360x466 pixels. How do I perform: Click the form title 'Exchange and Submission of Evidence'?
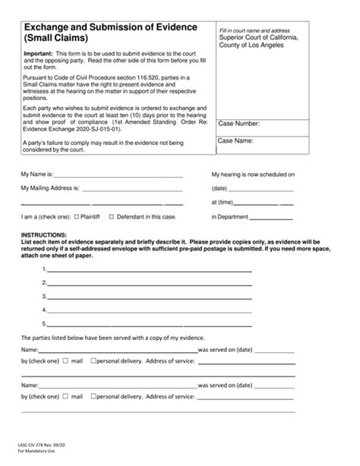pos(111,27)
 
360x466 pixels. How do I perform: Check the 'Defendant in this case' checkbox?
pos(112,217)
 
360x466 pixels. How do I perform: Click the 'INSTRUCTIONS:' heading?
pos(44,235)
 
